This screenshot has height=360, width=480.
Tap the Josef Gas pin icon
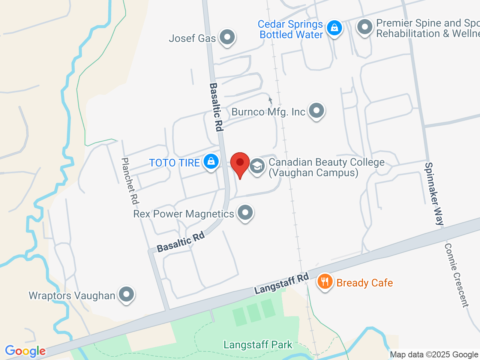(227, 37)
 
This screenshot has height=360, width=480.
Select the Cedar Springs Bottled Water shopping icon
(334, 28)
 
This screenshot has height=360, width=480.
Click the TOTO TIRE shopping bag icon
(211, 162)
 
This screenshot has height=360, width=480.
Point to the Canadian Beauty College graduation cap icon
(257, 165)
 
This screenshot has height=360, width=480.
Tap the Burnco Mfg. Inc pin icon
(316, 111)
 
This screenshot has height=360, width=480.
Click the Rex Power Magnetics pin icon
(245, 213)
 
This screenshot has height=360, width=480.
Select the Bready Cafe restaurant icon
(325, 282)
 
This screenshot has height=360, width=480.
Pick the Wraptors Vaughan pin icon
(126, 294)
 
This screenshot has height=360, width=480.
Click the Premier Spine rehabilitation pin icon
(364, 27)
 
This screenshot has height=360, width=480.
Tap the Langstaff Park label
(258, 345)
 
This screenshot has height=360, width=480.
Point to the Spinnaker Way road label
(434, 193)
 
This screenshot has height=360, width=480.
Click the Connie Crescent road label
(456, 275)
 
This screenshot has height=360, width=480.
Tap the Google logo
(25, 351)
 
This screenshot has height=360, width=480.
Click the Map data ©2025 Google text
(434, 355)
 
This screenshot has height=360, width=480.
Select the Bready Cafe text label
(364, 283)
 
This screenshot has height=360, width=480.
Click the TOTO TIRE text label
(174, 163)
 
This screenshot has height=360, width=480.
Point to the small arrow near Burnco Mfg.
(270, 100)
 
